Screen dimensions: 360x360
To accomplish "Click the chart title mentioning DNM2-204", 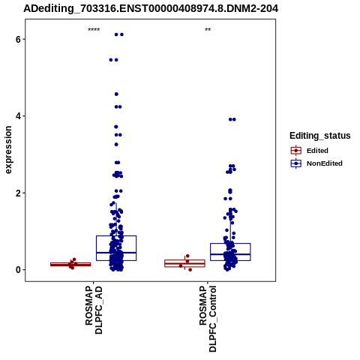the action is (151, 8).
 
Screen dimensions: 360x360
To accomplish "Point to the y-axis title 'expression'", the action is (8, 150).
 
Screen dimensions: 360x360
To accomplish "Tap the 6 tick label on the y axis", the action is (18, 39).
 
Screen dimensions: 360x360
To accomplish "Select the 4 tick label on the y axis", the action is (18, 116).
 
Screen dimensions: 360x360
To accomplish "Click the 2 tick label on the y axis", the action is (18, 193).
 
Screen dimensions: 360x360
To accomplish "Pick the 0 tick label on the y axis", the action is (18, 270).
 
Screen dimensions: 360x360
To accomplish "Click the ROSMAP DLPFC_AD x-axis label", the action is (94, 310).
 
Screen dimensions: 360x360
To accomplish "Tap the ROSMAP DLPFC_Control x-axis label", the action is (208, 319).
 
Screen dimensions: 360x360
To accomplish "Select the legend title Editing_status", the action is (320, 136).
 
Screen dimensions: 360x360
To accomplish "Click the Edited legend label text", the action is (317, 151).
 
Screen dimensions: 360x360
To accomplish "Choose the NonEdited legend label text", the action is (325, 163).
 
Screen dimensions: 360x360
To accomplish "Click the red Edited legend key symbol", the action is (296, 151).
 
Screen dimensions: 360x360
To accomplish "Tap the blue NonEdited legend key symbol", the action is (296, 163).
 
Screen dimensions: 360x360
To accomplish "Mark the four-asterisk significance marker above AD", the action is (94, 30).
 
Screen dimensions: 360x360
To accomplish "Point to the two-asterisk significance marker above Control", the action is (208, 30).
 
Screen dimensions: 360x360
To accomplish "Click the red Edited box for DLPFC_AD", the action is (70, 264).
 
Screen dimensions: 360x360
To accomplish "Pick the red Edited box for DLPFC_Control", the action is (184, 263).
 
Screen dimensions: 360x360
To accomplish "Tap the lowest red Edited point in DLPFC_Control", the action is (190, 270).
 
